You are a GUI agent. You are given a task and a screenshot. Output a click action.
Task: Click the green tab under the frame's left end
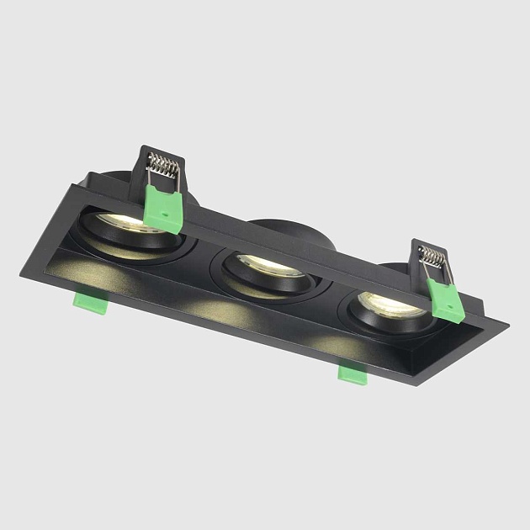tap(89, 300)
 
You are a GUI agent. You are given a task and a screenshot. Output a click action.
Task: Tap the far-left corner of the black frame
tap(24, 274)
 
